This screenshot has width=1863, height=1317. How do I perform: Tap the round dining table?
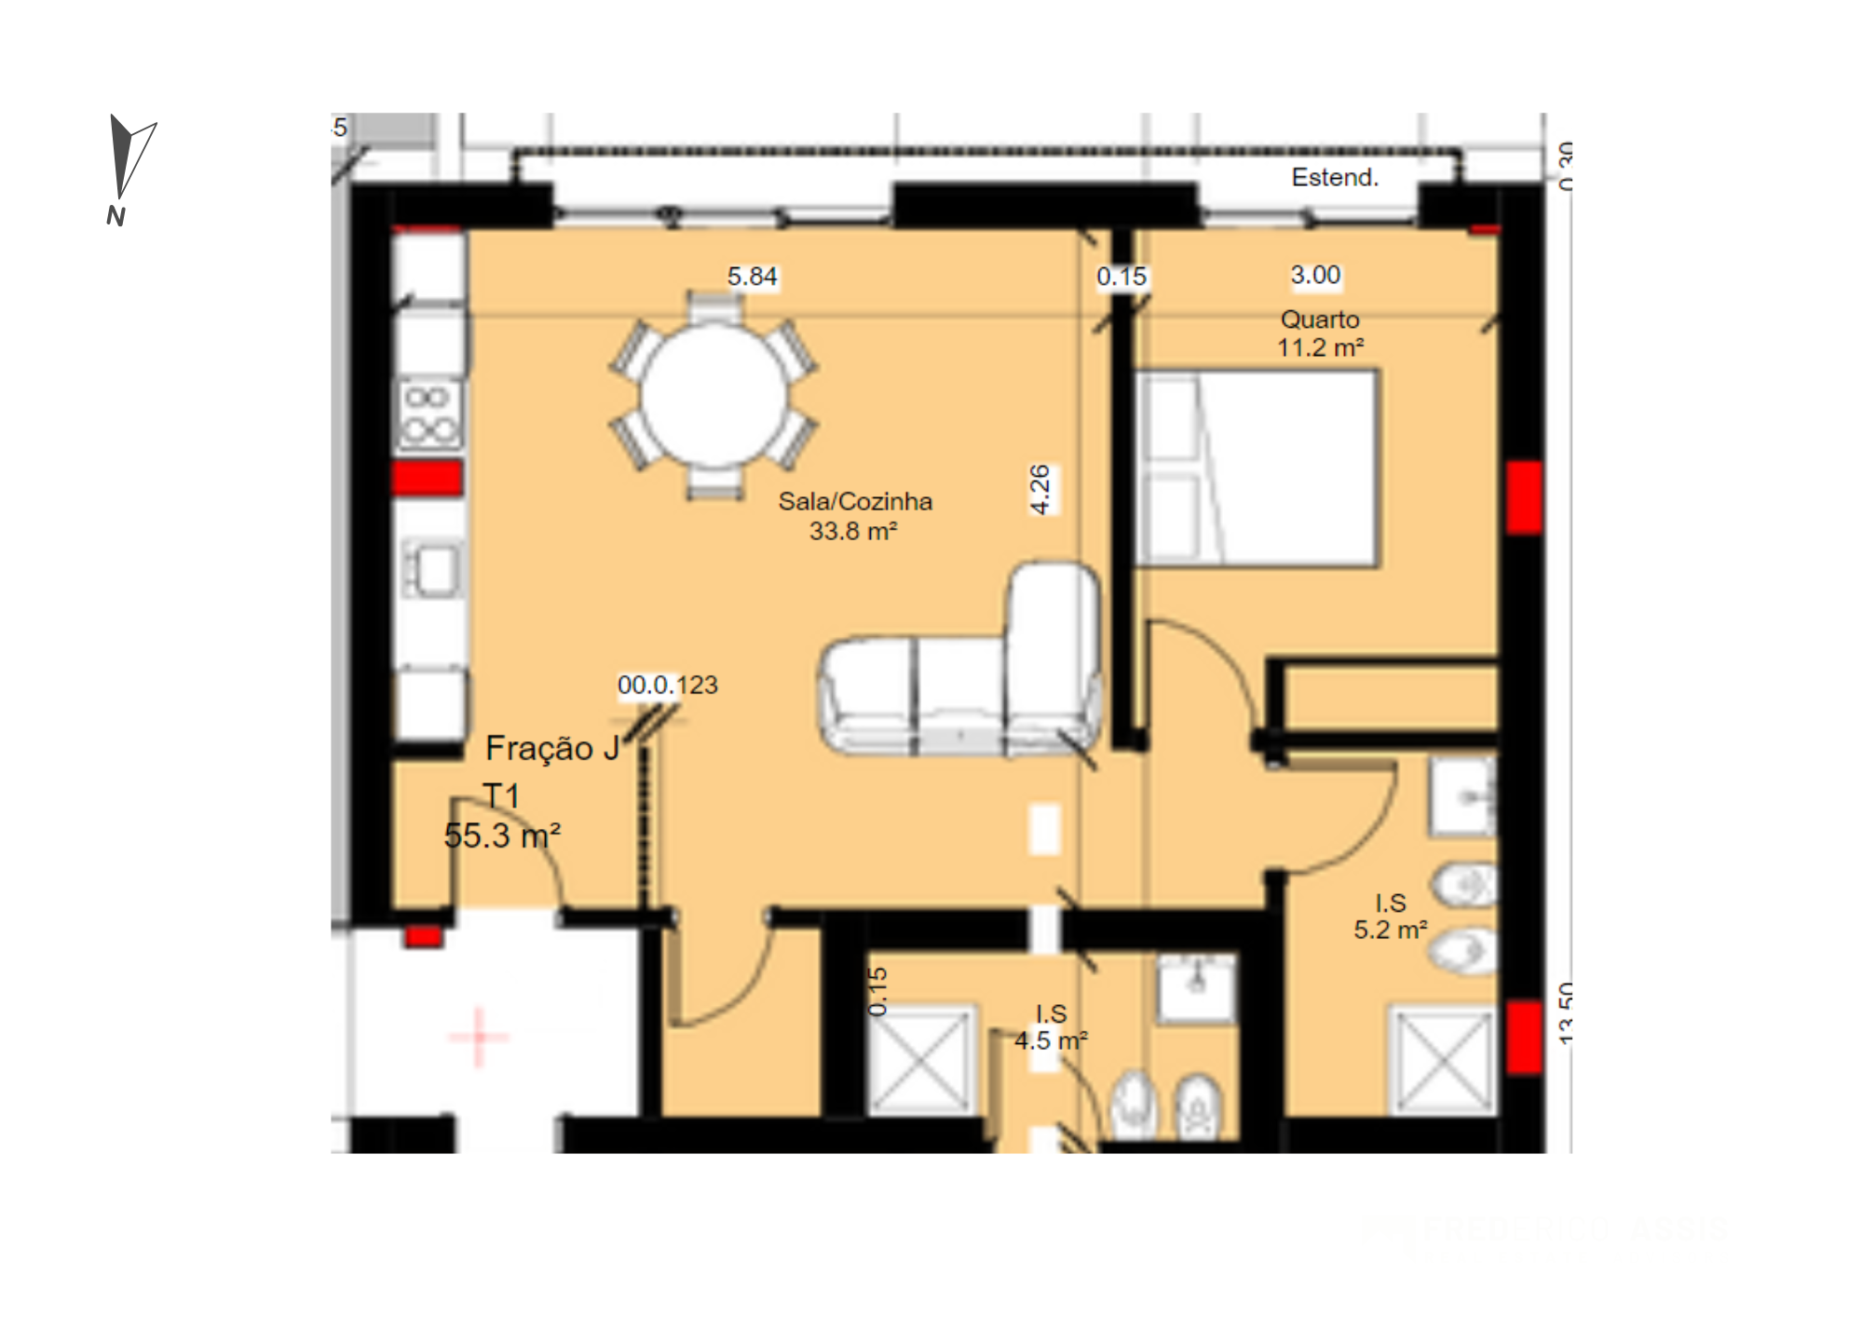pyautogui.click(x=714, y=395)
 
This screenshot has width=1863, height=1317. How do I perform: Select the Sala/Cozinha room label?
pyautogui.click(x=854, y=516)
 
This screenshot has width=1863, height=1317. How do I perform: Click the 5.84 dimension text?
pyautogui.click(x=752, y=277)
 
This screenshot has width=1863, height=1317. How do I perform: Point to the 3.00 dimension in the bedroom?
pyautogui.click(x=1315, y=275)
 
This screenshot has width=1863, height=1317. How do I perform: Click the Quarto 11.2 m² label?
pyautogui.click(x=1320, y=333)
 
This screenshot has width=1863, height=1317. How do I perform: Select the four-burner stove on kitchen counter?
pyautogui.click(x=429, y=414)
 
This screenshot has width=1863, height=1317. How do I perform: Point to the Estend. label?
pyautogui.click(x=1334, y=177)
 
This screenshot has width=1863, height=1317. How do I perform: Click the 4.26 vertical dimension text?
pyautogui.click(x=1040, y=489)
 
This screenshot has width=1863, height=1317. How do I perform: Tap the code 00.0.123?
pyautogui.click(x=668, y=686)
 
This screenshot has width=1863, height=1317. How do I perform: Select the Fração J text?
pyautogui.click(x=552, y=748)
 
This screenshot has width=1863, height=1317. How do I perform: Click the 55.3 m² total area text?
pyautogui.click(x=502, y=835)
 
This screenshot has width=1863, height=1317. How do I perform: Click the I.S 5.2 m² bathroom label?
pyautogui.click(x=1390, y=916)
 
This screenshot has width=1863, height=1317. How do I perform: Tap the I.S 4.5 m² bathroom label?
pyautogui.click(x=1051, y=1027)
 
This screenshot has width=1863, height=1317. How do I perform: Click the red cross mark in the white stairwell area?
pyautogui.click(x=479, y=1036)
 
